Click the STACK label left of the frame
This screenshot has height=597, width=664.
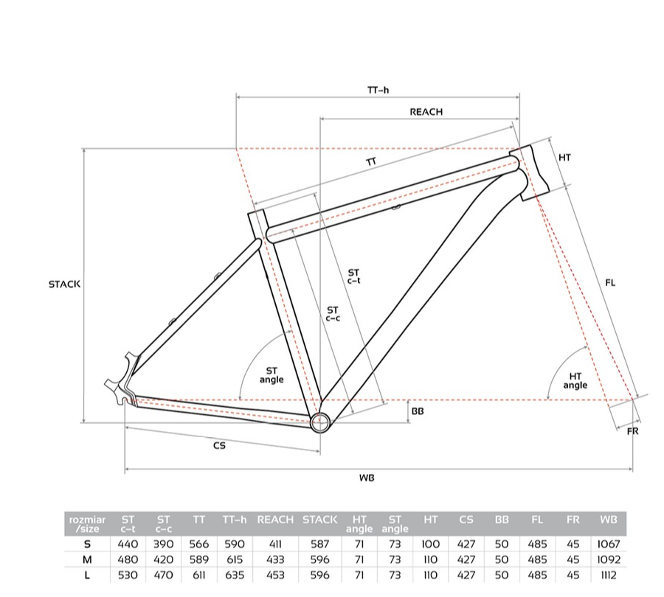point(64,284)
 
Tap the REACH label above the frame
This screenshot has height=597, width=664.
point(426,112)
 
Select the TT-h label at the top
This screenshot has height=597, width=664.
point(378,90)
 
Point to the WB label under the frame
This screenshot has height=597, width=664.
point(367,478)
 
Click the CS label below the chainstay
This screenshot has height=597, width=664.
point(219,445)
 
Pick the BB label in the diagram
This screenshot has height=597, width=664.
point(418,411)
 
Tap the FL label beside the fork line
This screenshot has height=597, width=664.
point(610,282)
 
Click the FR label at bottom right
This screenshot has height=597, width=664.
point(632,431)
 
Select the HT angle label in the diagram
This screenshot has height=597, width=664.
point(575,381)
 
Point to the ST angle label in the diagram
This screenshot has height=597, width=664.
point(272,375)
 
